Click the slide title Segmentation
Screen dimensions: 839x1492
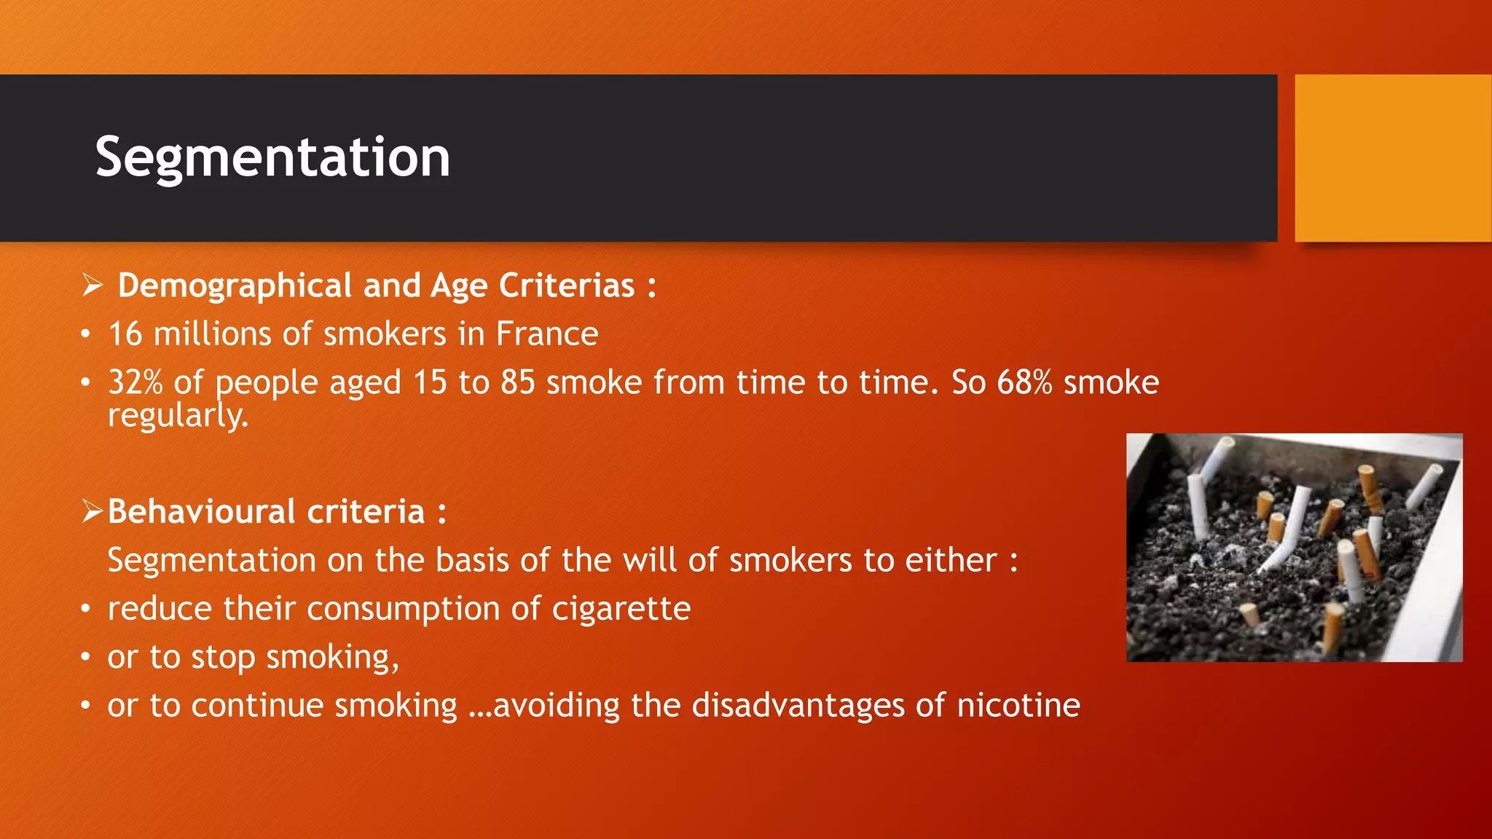click(272, 157)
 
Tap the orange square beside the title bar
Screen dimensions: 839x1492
click(1392, 157)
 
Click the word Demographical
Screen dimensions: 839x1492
click(235, 285)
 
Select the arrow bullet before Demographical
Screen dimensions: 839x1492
click(93, 285)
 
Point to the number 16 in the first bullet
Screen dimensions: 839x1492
click(125, 334)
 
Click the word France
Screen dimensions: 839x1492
click(546, 334)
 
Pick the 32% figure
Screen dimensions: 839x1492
click(136, 383)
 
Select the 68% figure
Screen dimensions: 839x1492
click(1024, 383)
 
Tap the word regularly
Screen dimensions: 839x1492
click(178, 416)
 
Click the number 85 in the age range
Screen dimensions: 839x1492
click(517, 383)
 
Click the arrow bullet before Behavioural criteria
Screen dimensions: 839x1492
click(93, 511)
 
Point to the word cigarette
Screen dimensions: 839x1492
click(621, 609)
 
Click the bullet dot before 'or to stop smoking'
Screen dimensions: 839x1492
click(86, 658)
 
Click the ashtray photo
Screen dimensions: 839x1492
click(1294, 548)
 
